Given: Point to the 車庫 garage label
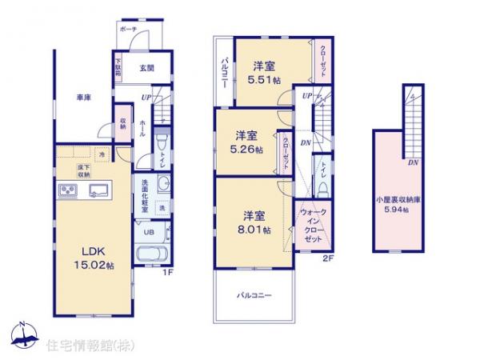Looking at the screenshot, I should [x=83, y=98].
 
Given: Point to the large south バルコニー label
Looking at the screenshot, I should [x=256, y=294].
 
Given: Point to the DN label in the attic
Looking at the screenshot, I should [x=412, y=162].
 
